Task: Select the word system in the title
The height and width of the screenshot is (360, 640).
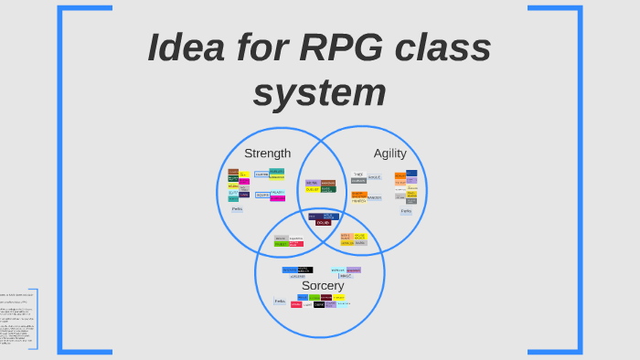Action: pos(319,92)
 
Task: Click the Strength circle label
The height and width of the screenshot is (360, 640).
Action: pos(267,154)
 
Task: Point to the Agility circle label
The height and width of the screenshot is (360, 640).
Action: pos(389,154)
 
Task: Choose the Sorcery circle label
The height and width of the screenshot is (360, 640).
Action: pos(323,285)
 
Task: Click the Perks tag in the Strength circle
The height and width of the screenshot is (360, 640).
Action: pos(237,209)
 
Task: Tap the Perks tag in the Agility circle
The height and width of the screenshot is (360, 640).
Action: pos(406,211)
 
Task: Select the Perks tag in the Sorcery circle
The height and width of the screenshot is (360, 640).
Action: pos(280,301)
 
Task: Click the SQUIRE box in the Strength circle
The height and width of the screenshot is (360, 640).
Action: pos(262,195)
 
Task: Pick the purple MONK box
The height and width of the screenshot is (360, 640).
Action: pos(312,183)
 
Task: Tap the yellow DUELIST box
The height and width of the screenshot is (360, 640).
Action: pos(313,189)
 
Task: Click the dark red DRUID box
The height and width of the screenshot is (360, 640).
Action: pos(323,222)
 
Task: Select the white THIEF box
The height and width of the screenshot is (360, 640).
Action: pos(358,175)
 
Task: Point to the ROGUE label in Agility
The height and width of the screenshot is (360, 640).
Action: pos(375,177)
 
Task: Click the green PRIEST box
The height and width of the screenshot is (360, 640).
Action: pos(281,244)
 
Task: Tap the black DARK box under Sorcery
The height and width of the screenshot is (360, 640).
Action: pos(319,304)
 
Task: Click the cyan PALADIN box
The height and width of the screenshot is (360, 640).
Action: pos(277,193)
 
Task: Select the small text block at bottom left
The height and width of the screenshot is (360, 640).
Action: pos(16,320)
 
